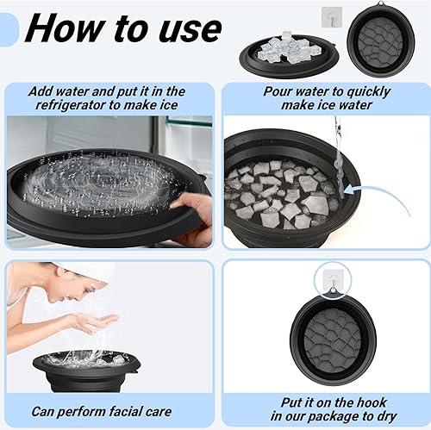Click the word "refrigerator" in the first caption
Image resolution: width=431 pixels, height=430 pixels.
coord(70,104)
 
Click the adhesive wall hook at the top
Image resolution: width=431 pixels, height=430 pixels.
coord(332,17)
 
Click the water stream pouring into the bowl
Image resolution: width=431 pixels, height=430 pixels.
coord(339,161)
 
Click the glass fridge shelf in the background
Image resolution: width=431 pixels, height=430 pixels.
coord(190,122)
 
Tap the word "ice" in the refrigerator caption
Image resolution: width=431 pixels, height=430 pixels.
coord(169,104)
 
